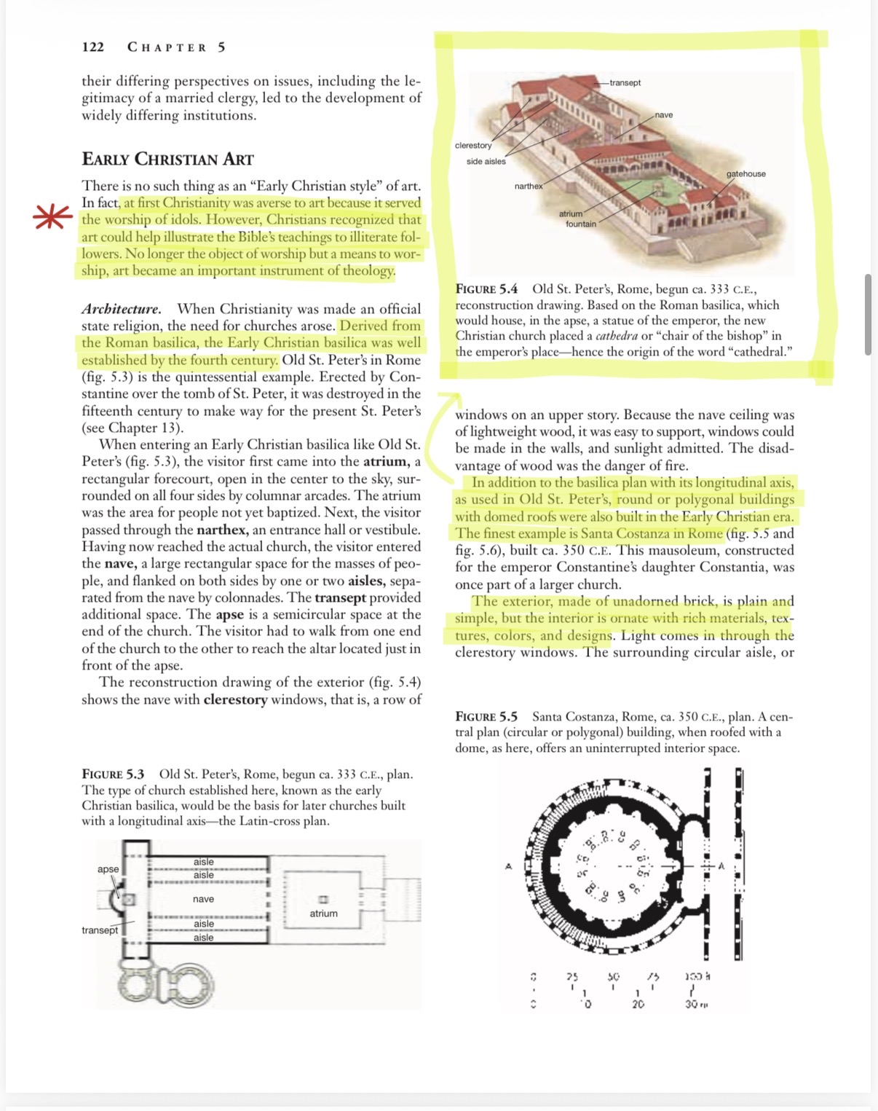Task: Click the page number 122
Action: pos(92,47)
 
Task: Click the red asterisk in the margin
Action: pos(52,218)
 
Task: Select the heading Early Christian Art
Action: pos(167,160)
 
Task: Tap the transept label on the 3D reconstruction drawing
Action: pos(625,82)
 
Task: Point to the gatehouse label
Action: pos(745,173)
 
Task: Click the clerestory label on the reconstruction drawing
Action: pos(473,146)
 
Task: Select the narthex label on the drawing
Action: pos(529,187)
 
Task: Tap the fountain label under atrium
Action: pos(580,224)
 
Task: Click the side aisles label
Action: pos(486,162)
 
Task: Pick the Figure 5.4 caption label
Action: pos(486,289)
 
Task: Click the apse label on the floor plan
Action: pos(108,869)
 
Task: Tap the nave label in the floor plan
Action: pos(203,899)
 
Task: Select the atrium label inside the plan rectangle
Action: pos(323,914)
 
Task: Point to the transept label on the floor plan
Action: pos(100,930)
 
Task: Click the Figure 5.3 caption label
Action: pos(113,774)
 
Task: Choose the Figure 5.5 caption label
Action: pos(486,717)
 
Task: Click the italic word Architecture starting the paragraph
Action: pos(121,309)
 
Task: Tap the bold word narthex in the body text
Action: pos(222,530)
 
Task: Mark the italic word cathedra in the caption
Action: pos(617,336)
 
